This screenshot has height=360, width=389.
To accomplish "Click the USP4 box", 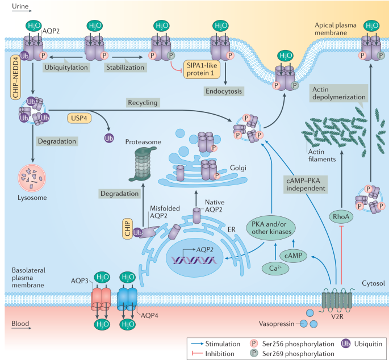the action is coord(79,118).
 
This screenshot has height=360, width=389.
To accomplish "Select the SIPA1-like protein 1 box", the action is coord(202,69).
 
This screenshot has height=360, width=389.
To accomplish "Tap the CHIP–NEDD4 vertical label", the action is coord(16,77).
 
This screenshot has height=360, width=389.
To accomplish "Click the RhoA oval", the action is coord(341,216).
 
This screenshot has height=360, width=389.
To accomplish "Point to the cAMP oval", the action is coord(293,256).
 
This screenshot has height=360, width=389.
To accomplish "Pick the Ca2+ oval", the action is coord(275,269).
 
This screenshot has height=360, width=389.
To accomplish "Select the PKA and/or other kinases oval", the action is coord(271,228).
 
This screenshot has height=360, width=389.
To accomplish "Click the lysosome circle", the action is coord(32,178).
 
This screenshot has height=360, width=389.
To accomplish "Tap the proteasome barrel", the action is coord(143,164).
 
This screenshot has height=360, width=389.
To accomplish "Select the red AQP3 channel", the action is coord(101,299).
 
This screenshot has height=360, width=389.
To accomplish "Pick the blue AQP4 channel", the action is coord(127,299).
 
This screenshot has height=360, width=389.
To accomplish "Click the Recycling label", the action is coord(143,102).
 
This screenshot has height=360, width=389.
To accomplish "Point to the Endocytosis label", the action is coord(224,91).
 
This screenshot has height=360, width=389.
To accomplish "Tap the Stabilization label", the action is coord(125,68).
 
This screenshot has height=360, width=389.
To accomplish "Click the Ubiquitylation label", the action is coord(66,68).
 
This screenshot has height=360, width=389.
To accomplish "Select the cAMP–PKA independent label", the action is coord(306,185).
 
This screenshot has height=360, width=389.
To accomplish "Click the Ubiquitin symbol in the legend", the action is coord(346,344).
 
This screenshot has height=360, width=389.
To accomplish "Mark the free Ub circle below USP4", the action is coord(109,138).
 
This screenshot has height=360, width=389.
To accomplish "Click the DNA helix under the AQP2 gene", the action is coord(194,260).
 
